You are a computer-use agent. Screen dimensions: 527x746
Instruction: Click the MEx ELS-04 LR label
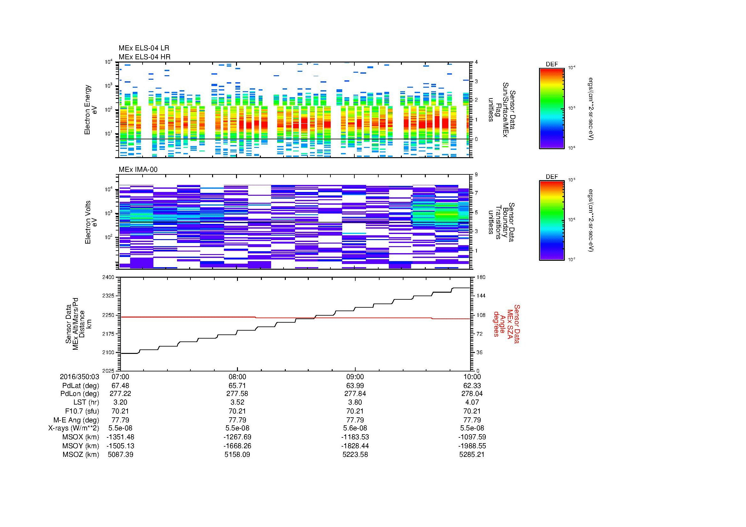click(144, 48)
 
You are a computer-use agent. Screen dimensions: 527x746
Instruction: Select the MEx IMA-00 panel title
click(138, 170)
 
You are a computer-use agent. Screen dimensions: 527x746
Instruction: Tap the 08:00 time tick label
click(238, 377)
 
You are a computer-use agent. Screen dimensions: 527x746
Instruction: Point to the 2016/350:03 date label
click(79, 377)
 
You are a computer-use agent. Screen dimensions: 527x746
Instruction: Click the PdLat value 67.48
click(120, 385)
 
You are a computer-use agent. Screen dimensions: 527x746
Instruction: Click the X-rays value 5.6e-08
click(355, 428)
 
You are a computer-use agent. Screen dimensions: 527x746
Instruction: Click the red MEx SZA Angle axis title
click(506, 324)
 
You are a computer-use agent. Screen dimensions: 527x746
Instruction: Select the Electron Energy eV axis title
click(91, 110)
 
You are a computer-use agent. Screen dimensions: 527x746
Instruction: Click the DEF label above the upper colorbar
click(552, 64)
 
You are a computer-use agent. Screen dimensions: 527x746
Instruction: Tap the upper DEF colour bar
click(552, 108)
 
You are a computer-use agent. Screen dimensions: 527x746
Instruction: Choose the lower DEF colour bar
click(552, 221)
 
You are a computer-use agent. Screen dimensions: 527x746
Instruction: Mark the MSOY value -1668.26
click(238, 446)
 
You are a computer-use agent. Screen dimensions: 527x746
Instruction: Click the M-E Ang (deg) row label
click(76, 420)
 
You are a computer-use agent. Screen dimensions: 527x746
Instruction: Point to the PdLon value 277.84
click(355, 393)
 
